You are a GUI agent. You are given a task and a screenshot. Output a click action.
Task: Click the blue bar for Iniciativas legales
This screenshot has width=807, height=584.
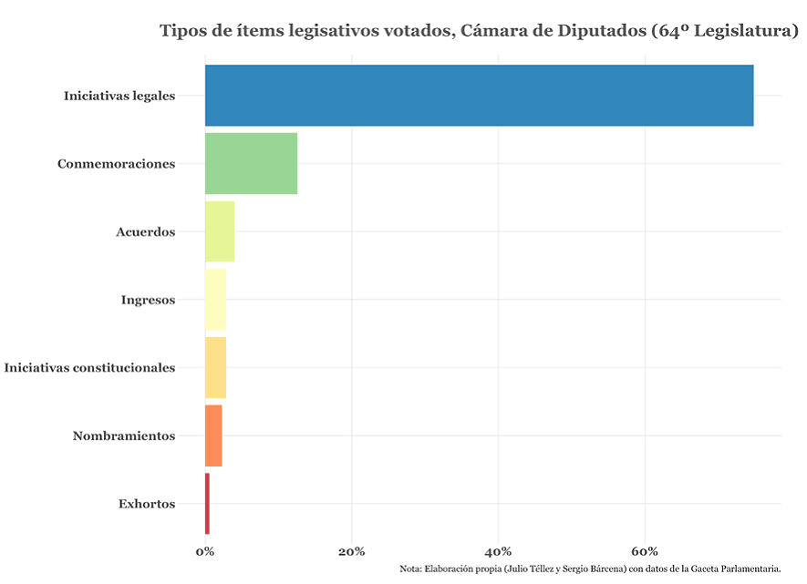pos(479,96)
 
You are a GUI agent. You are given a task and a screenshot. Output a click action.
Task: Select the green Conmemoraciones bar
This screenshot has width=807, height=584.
pos(251,163)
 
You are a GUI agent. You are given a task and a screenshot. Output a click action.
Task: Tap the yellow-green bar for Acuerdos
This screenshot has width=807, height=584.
pos(220,231)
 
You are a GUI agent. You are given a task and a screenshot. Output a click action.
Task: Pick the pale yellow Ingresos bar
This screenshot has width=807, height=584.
pos(215,300)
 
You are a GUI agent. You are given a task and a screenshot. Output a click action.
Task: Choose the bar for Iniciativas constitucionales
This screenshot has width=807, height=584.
pos(215,367)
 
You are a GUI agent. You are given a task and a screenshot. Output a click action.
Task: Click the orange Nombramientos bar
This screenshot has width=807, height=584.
pos(213,435)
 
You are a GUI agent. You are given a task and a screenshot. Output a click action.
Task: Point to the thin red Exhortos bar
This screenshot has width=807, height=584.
pos(207,504)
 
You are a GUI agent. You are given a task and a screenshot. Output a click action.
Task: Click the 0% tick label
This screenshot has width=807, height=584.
pos(205,552)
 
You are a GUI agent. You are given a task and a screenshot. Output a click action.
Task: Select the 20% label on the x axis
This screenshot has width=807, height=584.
pos(351,552)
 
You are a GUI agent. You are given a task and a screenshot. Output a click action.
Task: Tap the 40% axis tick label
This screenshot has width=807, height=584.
pos(498,552)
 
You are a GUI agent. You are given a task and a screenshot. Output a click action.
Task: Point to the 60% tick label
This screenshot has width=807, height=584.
pos(645,552)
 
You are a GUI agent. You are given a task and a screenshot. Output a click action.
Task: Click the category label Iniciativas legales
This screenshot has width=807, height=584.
pos(119,96)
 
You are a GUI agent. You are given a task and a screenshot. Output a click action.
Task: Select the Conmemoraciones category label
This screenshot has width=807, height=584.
pos(116,164)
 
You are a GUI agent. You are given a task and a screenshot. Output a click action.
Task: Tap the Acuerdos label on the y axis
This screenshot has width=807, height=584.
pos(145,232)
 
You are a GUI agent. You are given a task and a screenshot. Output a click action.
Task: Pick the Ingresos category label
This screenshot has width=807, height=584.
pos(148,300)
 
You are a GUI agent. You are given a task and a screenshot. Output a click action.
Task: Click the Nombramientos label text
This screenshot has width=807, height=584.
pos(123,436)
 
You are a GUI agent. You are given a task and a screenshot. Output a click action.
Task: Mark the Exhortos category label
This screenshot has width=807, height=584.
pos(147,504)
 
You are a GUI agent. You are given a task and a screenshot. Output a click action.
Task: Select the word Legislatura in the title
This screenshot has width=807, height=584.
pos(745,31)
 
